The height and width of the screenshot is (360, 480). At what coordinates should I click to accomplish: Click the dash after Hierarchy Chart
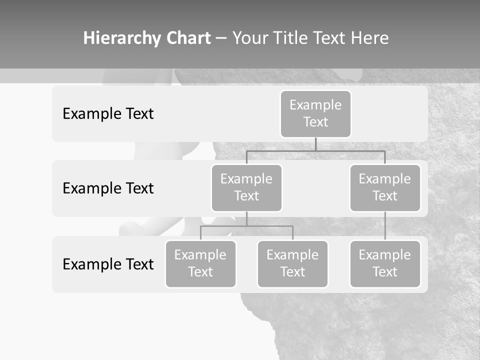pos(221,39)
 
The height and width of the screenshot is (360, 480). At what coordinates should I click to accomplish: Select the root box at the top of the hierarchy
pos(315,113)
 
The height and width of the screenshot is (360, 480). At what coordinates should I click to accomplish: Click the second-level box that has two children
pos(246,187)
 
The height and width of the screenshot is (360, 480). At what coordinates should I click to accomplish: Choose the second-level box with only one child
pos(385,187)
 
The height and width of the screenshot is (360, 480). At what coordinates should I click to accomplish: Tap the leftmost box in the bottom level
pos(200,263)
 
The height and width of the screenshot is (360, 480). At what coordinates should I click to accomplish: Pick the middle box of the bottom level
pos(292,263)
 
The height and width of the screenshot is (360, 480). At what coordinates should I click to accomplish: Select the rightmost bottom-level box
pos(385,263)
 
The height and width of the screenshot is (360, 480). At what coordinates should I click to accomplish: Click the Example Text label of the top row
pos(108,114)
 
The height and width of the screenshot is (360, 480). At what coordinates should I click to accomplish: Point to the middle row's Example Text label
pos(108,188)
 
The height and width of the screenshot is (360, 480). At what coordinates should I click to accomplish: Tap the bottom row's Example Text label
pos(108,264)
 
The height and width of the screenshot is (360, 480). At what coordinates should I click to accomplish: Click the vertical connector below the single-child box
pos(385,226)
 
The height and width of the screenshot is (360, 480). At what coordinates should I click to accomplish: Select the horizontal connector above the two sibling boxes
pos(246,226)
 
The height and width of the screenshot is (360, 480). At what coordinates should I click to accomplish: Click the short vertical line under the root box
pos(315,144)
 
